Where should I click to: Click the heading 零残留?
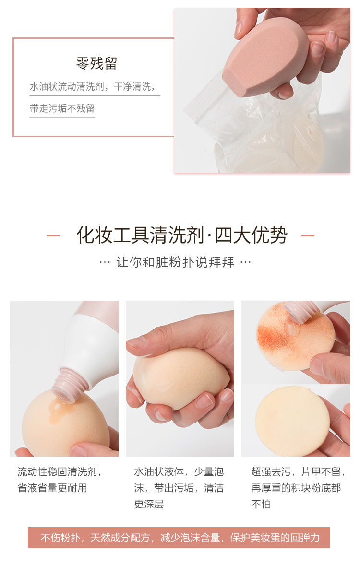tap(96, 63)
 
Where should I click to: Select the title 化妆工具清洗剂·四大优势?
tap(182, 235)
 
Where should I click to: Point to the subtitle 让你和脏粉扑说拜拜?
tap(175, 262)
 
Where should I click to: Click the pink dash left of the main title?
tap(53, 236)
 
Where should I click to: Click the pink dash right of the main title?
tap(308, 236)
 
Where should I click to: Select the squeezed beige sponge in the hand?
tap(182, 378)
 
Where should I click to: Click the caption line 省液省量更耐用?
tap(52, 488)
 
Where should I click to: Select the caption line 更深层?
tap(149, 504)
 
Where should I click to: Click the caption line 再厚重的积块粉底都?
tap(296, 488)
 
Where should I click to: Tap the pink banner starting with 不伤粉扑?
tap(179, 537)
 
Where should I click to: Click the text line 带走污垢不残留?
tap(62, 108)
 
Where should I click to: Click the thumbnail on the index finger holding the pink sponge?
tap(318, 48)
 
